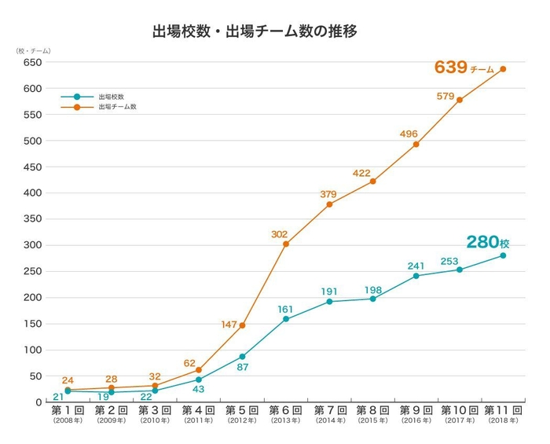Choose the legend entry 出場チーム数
coord(117,106)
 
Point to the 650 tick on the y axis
coord(32,62)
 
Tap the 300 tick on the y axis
coord(32,245)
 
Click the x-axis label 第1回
coord(68,410)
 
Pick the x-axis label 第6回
coord(285,410)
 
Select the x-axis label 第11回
coord(503,410)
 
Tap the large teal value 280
coord(482,242)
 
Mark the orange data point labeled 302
coord(286,244)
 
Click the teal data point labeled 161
coord(286,319)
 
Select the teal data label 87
coord(244,367)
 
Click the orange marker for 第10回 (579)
coord(460,100)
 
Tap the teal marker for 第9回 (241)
coord(416,276)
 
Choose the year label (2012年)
coord(241,421)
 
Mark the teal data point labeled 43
coord(199,380)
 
